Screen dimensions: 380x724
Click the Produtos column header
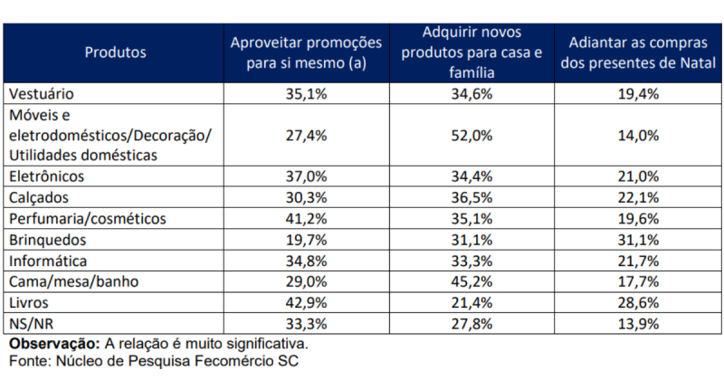click(x=115, y=52)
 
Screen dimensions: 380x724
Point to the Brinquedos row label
click(x=47, y=241)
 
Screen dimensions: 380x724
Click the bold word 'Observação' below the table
click(x=52, y=345)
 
